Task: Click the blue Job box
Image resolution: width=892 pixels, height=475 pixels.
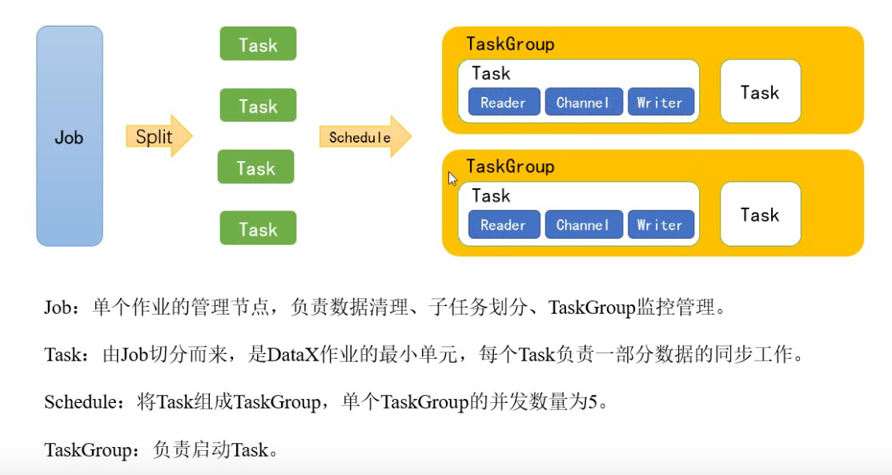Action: [70, 136]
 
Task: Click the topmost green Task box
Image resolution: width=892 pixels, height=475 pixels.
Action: [258, 44]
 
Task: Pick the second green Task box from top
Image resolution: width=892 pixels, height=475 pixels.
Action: [258, 106]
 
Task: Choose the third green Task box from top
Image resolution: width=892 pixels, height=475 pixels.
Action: [256, 167]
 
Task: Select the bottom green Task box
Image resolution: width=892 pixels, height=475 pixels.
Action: [258, 229]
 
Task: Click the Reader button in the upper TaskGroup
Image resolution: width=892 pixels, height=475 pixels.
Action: [503, 103]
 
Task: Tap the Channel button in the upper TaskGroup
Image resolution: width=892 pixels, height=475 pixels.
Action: [582, 103]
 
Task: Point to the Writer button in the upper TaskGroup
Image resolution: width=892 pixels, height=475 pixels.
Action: [660, 103]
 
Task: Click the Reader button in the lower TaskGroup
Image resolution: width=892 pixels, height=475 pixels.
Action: [503, 225]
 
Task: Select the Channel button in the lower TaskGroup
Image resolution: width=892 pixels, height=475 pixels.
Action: [582, 225]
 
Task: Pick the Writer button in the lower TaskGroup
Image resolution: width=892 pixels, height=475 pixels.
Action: [660, 225]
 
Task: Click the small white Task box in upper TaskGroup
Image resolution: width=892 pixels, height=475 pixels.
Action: [760, 92]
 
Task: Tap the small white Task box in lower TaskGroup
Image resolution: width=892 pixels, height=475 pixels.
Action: [760, 215]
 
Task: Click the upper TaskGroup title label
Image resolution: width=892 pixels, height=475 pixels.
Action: [510, 44]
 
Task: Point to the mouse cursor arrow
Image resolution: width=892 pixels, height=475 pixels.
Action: [452, 179]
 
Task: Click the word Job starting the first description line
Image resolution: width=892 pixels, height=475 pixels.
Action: [58, 308]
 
